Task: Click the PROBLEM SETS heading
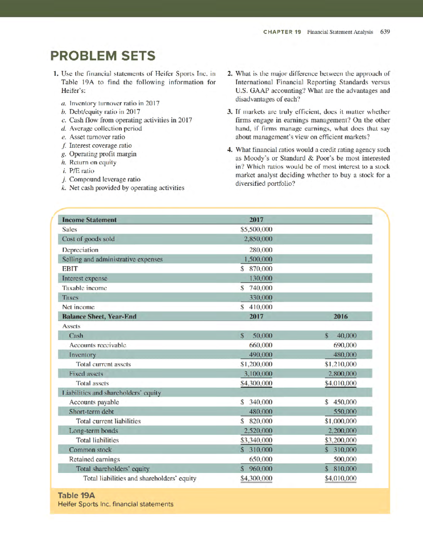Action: pos(103,56)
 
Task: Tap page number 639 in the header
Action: pos(385,32)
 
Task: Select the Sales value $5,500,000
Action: pos(256,229)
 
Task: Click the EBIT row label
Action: pos(70,269)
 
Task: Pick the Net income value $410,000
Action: pos(256,307)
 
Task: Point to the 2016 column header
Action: pos(341,316)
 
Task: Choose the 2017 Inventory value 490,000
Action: pos(260,355)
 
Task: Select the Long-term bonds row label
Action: pos(93,431)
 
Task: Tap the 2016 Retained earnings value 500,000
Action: pos(345,459)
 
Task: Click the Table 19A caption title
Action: pos(76,495)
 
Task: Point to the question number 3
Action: pos(230,112)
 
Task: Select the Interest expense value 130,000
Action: pos(260,278)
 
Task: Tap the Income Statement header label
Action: pos(89,220)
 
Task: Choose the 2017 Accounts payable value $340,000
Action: pos(256,402)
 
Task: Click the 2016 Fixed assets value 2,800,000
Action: pos(342,374)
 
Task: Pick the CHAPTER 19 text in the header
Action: pos(282,32)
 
